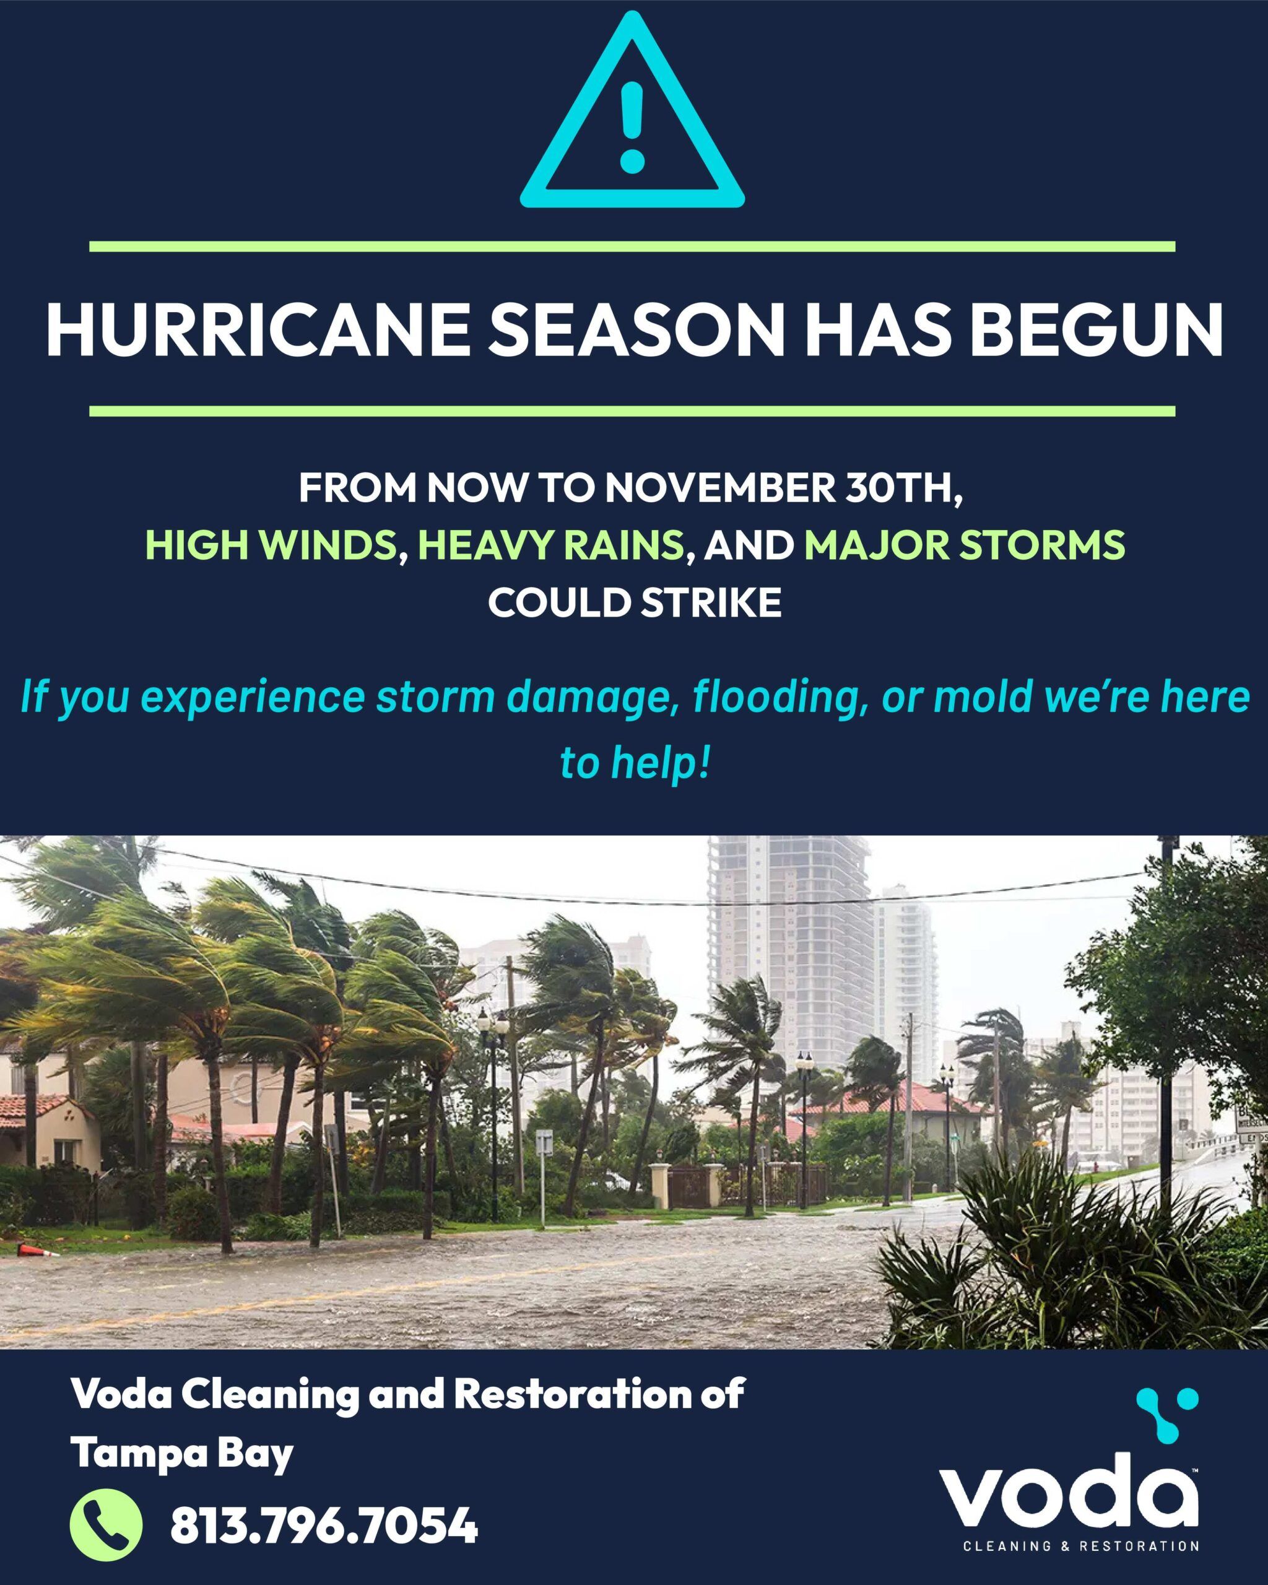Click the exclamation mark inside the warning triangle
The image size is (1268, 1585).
632,126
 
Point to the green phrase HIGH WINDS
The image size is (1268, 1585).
271,545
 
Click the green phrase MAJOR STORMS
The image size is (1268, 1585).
965,545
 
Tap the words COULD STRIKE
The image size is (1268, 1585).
635,603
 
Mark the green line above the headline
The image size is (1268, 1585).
632,247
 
